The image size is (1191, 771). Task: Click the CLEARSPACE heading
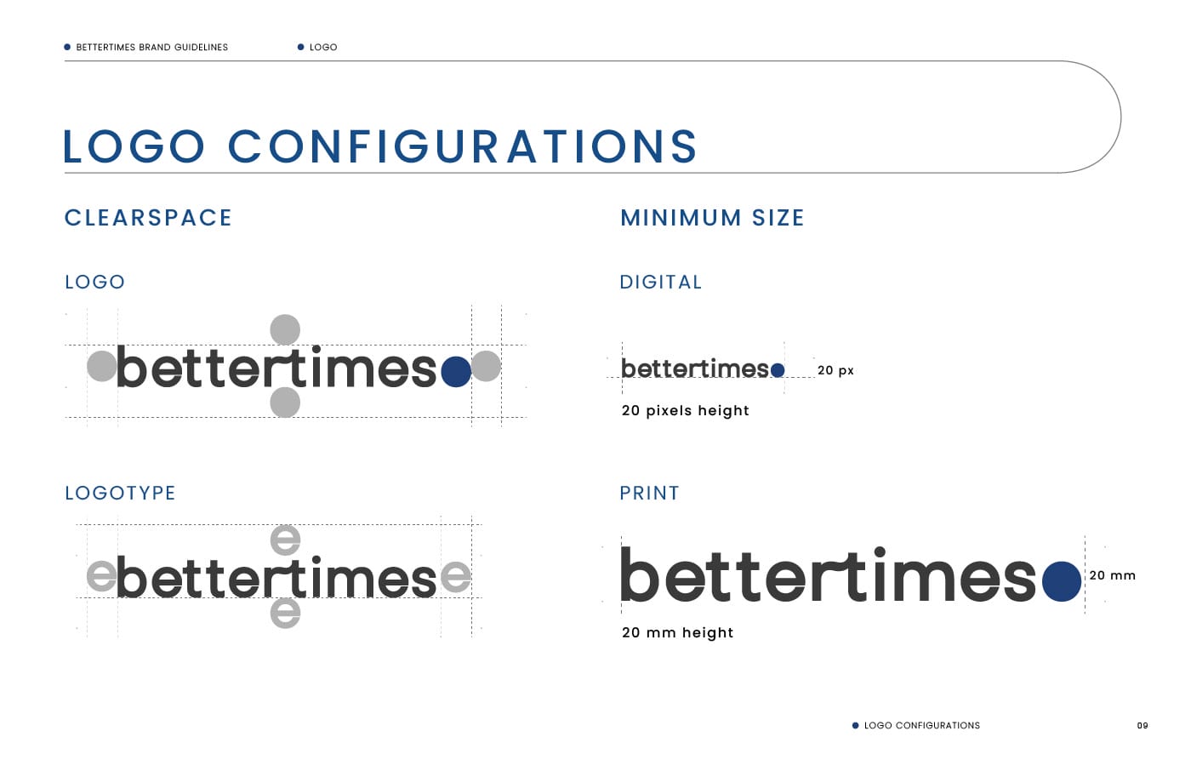[x=148, y=218]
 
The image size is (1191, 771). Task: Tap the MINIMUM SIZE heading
[x=713, y=218]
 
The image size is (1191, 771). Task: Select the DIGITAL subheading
[x=661, y=282]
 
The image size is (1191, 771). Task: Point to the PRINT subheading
[x=650, y=493]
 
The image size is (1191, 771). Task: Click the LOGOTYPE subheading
[x=120, y=493]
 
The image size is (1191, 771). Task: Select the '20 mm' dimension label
[x=1113, y=575]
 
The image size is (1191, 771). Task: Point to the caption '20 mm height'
[x=677, y=633]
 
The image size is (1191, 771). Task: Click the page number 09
[x=1143, y=725]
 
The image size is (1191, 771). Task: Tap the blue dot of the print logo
[x=1062, y=581]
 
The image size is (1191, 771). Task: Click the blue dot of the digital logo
[x=778, y=370]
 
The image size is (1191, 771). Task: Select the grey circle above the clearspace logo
[x=285, y=329]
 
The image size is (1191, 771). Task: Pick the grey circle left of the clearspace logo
[x=102, y=366]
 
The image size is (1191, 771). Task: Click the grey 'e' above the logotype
[x=286, y=540]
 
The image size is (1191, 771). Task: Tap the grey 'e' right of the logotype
[x=456, y=576]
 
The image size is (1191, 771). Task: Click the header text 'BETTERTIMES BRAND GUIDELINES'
[x=152, y=48]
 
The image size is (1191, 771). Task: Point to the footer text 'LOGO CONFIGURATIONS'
[x=922, y=725]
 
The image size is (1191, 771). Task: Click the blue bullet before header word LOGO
[x=300, y=48]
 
